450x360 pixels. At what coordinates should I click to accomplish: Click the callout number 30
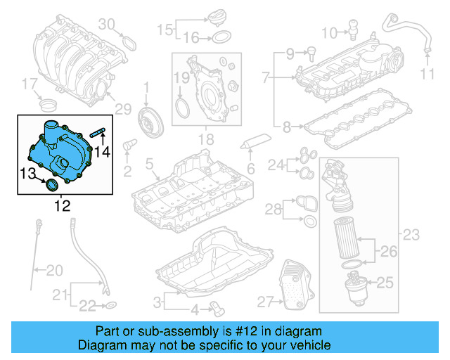point(105,25)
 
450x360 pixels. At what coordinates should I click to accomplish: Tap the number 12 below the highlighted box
point(63,206)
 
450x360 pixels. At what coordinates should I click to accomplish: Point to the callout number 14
point(103,151)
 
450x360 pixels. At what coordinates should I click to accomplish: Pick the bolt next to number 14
point(100,132)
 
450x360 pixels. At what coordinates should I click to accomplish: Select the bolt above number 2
point(128,146)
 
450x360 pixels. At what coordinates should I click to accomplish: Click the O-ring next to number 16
point(220,37)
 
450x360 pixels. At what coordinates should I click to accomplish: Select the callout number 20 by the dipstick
point(54,269)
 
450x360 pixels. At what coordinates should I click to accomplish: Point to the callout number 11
point(427,74)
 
